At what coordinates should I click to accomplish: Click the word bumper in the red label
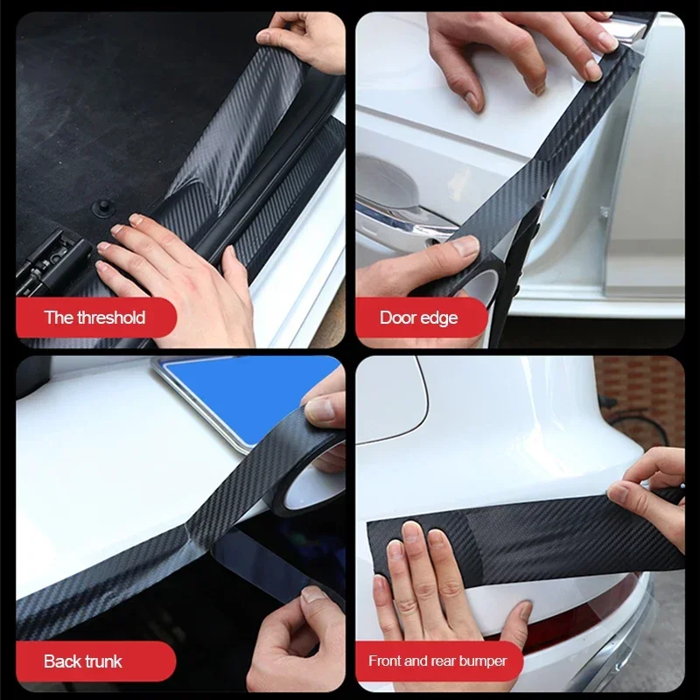(480, 661)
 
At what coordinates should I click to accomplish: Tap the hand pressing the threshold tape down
(175, 280)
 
